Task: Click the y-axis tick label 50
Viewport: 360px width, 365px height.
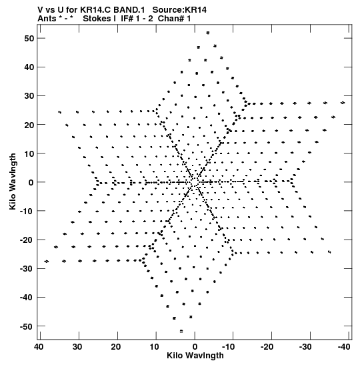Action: (29, 39)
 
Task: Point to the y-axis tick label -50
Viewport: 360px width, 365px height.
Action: (27, 326)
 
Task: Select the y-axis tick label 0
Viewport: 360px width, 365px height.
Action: (31, 182)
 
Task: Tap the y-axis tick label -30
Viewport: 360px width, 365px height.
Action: (27, 269)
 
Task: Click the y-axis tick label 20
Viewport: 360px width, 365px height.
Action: (29, 125)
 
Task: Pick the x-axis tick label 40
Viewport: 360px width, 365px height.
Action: (39, 347)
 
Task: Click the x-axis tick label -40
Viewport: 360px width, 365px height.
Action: (343, 347)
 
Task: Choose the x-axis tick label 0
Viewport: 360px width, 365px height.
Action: (195, 347)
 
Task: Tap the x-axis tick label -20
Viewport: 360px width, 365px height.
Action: (267, 347)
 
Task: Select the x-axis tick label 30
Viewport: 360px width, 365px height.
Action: (77, 347)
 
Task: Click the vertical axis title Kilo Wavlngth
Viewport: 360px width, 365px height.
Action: (13, 181)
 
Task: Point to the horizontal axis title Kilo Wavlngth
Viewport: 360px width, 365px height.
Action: (195, 356)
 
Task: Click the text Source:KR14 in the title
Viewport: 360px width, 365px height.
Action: (179, 10)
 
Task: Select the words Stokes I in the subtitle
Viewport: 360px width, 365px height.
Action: (99, 19)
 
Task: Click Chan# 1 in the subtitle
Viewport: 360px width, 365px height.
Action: (174, 19)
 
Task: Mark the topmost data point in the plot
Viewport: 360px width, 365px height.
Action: (208, 33)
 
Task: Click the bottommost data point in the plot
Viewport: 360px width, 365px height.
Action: (181, 331)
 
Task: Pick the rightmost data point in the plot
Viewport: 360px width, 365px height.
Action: (343, 103)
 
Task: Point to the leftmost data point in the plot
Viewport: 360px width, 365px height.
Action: (47, 262)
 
